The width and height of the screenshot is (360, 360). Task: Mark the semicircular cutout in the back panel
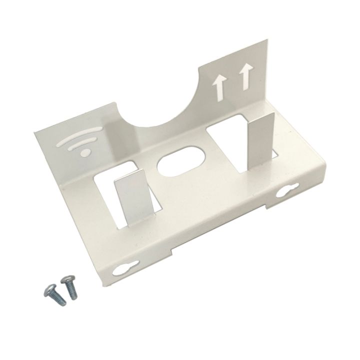tap(164, 107)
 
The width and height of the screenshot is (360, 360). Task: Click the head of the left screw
tap(50, 289)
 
